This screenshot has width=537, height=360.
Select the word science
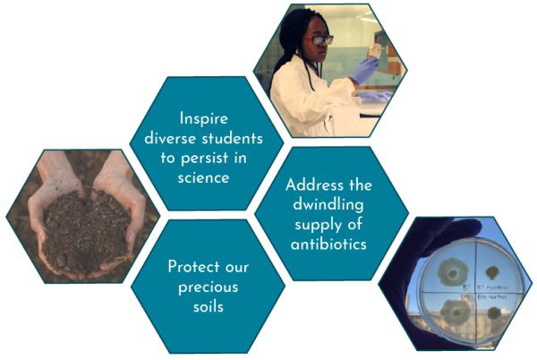click(x=209, y=177)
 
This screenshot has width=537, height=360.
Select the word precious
click(x=209, y=287)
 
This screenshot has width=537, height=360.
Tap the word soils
click(x=209, y=306)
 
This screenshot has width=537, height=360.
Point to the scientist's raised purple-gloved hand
click(x=365, y=72)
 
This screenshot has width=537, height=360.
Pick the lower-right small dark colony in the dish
click(x=494, y=313)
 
